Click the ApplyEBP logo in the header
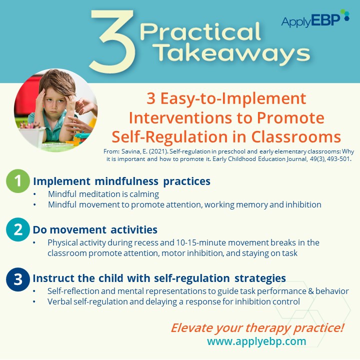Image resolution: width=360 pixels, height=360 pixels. (315, 19)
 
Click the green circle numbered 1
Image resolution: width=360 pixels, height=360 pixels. (17, 181)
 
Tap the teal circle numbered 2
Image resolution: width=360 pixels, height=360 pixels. (17, 229)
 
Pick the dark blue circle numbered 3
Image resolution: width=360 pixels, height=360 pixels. (17, 279)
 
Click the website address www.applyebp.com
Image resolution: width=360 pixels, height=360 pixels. (256, 341)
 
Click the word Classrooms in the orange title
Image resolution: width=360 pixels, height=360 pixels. (296, 137)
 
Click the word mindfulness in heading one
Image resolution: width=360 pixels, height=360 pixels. (126, 181)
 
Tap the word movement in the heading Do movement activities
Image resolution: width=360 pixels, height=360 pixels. (78, 230)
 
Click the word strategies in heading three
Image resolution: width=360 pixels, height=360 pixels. (260, 278)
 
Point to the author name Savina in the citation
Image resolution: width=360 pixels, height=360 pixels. (130, 151)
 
